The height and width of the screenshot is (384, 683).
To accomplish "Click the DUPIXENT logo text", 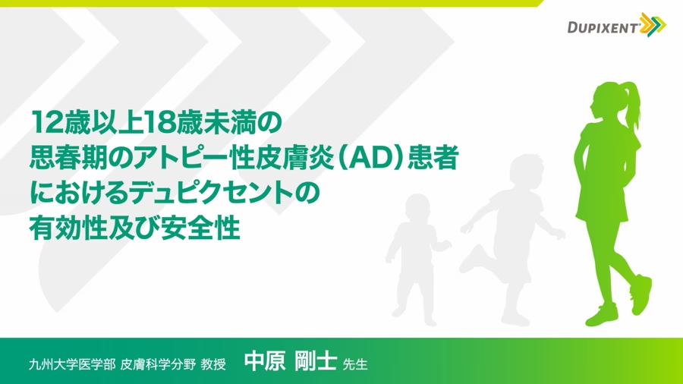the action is pyautogui.click(x=603, y=28).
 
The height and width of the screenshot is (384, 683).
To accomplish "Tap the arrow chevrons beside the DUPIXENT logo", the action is pyautogui.click(x=653, y=24).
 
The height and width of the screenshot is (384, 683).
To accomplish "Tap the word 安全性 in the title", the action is pyautogui.click(x=200, y=228).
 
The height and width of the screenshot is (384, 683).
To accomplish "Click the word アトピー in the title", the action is pyautogui.click(x=179, y=158).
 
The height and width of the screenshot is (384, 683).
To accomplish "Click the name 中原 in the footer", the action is pyautogui.click(x=264, y=361).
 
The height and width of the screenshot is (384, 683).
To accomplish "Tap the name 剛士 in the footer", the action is pyautogui.click(x=316, y=361).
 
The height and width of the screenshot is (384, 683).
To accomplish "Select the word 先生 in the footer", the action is pyautogui.click(x=355, y=364).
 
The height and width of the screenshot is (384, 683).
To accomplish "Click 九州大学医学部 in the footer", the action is pyautogui.click(x=72, y=364).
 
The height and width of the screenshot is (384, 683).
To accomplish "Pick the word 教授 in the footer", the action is pyautogui.click(x=213, y=364).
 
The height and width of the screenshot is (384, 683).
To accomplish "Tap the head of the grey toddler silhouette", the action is pyautogui.click(x=417, y=208).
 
